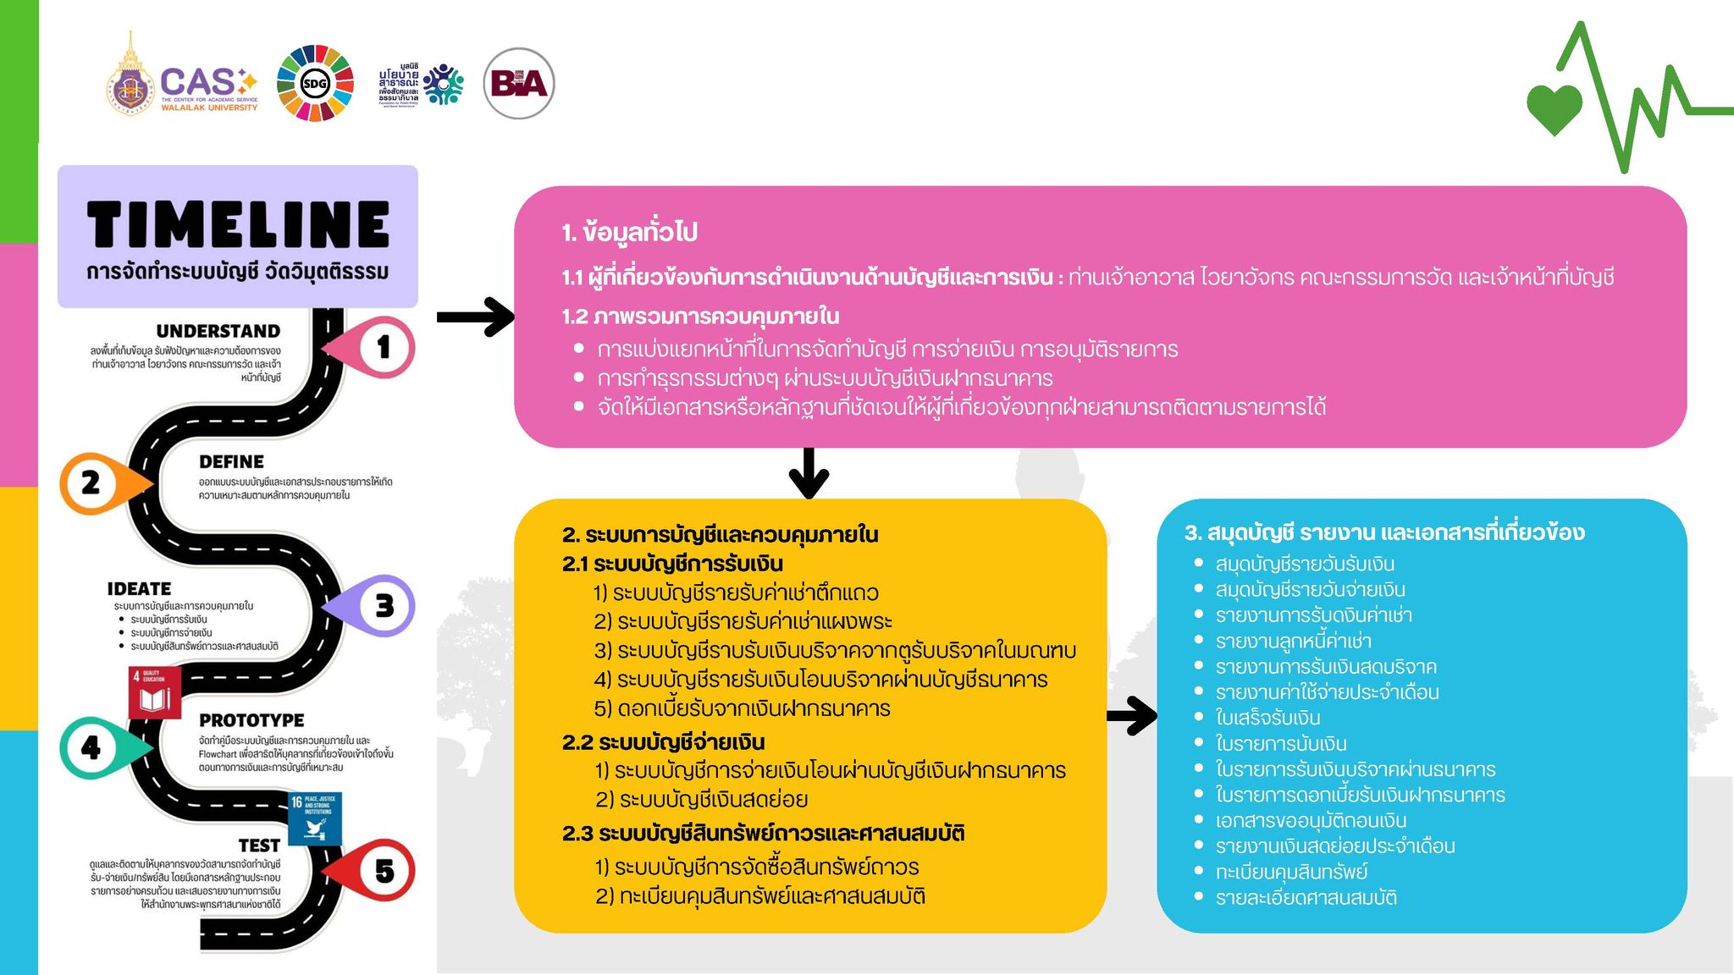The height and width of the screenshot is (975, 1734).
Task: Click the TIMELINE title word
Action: (238, 224)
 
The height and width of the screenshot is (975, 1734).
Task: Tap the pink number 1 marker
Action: (382, 347)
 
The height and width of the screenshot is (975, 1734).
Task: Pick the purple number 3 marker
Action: (384, 606)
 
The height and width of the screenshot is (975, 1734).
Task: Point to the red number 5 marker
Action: (384, 871)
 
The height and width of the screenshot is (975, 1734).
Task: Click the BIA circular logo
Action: (519, 83)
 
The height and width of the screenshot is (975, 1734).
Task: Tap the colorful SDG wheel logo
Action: (315, 83)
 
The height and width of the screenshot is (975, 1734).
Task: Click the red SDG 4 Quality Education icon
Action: (154, 691)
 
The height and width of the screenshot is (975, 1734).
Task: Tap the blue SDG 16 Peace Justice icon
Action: (315, 818)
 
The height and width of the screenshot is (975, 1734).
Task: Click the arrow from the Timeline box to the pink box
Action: (475, 317)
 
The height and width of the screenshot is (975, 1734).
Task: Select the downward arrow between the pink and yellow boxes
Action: (809, 473)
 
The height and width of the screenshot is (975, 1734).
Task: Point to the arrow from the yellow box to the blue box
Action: (1132, 716)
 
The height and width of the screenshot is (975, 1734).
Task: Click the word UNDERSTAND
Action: (218, 331)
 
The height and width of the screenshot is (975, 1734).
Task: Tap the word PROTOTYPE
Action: (251, 720)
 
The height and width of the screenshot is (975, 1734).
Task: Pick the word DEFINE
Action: (231, 462)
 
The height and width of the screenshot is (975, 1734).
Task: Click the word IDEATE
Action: (139, 589)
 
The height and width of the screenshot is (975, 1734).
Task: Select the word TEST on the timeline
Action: (259, 846)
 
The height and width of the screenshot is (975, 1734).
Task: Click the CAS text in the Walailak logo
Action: (198, 82)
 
